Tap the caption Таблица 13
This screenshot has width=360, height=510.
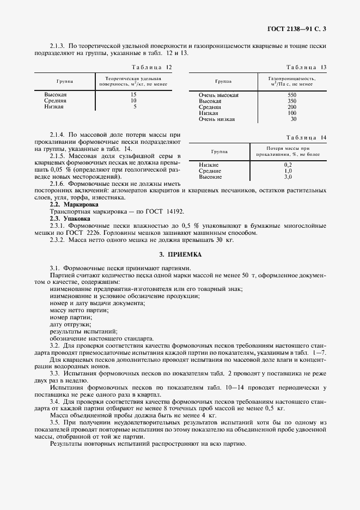(306, 67)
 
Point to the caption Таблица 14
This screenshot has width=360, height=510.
(306, 138)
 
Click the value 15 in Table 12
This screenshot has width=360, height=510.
(133, 95)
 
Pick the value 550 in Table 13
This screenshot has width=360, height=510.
(292, 95)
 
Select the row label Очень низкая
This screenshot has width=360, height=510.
(217, 119)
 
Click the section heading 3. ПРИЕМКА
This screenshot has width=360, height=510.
(180, 254)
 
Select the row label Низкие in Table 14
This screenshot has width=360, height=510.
(209, 165)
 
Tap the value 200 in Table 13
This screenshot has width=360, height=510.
(292, 107)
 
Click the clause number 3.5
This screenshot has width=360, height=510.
(54, 423)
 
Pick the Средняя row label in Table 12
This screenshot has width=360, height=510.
(55, 101)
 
